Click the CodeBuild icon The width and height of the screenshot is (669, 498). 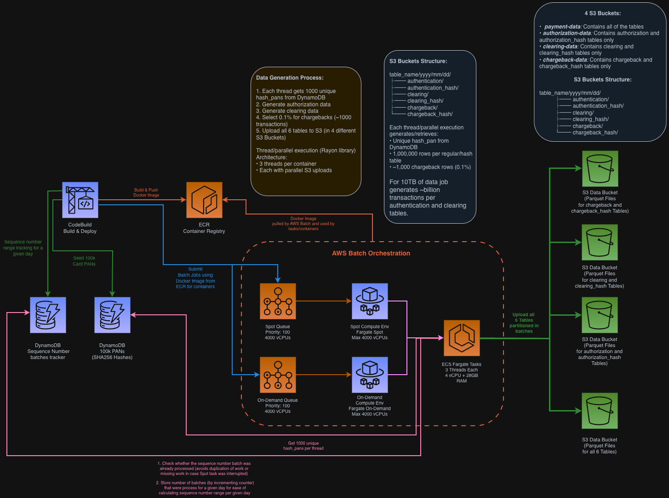point(80,200)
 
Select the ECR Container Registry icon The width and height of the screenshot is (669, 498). point(204,200)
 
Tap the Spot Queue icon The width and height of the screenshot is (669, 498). point(278,301)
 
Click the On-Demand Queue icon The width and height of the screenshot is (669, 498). point(278,375)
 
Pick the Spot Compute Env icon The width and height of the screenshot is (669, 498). point(370,301)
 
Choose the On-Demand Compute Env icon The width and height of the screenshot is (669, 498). point(370,375)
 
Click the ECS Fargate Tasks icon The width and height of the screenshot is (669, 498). point(462,338)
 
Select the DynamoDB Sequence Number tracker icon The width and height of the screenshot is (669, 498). point(48,315)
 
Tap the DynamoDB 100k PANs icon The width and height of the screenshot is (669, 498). point(112,315)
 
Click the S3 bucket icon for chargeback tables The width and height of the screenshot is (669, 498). point(600,168)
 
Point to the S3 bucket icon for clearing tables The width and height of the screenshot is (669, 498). point(600,242)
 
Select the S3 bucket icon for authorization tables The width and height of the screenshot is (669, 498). point(600,315)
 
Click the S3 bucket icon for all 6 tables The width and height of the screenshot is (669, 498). point(600,411)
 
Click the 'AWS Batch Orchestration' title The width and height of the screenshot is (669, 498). point(371,253)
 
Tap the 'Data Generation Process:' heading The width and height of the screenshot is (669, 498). point(290,78)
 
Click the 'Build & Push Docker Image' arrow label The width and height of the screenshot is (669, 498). point(146,192)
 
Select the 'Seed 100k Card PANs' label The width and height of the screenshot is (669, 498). point(84,261)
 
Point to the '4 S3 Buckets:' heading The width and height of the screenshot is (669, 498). point(602,13)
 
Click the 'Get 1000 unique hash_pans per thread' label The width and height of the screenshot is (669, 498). point(303,446)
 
